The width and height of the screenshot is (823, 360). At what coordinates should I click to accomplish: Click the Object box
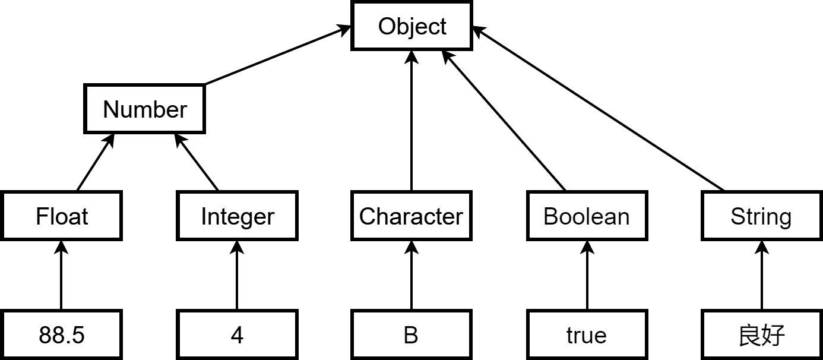(x=411, y=26)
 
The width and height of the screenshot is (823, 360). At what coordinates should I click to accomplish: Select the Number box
(x=144, y=109)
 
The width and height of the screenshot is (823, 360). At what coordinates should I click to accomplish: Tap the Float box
(x=61, y=216)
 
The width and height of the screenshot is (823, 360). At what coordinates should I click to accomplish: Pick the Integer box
(x=237, y=216)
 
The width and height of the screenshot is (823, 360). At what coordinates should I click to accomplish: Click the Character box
(x=411, y=216)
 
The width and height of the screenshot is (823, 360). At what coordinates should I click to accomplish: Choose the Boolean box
(x=587, y=216)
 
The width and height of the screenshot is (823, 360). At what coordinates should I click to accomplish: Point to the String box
(x=762, y=216)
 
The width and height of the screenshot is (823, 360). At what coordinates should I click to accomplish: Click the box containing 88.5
(x=61, y=334)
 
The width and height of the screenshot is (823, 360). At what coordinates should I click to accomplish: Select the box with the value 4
(x=237, y=334)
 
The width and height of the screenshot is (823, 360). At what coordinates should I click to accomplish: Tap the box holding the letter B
(x=411, y=334)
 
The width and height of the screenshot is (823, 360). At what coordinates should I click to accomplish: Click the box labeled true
(x=587, y=334)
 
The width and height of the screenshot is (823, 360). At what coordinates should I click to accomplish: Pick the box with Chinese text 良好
(x=762, y=334)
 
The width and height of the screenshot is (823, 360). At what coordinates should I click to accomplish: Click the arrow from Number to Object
(x=278, y=55)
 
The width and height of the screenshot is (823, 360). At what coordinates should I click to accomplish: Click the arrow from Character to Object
(x=411, y=121)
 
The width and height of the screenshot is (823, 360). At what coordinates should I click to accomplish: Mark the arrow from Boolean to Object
(x=504, y=121)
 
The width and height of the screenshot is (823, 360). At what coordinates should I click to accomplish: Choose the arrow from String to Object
(x=598, y=109)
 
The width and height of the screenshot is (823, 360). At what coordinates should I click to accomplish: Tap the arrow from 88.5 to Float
(x=61, y=275)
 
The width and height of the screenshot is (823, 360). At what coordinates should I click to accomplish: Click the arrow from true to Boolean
(x=587, y=275)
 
